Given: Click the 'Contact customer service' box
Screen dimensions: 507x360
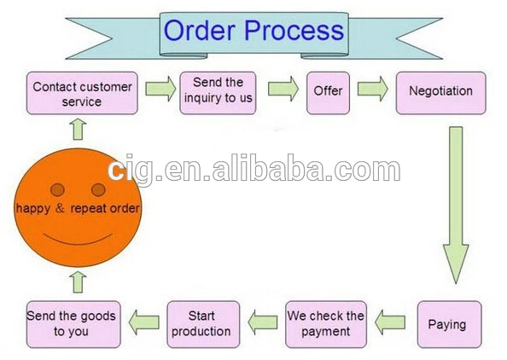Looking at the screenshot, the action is click(x=82, y=93).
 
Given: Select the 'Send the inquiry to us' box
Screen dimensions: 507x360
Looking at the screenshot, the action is click(x=218, y=93).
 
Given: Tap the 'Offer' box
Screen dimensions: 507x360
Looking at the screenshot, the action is click(x=329, y=93).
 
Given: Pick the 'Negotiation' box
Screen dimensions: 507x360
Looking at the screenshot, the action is click(x=441, y=93).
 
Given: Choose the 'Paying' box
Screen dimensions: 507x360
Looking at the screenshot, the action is click(x=450, y=324).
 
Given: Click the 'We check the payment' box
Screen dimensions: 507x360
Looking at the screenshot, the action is click(x=326, y=324).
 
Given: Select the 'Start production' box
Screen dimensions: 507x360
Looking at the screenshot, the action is click(x=203, y=324).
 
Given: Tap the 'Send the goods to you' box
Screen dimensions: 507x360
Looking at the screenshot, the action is click(x=73, y=324).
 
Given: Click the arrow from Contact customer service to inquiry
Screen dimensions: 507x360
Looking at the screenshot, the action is click(x=160, y=89).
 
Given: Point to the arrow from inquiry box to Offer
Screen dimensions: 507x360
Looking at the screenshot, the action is click(x=283, y=89).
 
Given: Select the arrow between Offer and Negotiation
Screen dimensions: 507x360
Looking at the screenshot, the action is click(x=372, y=89).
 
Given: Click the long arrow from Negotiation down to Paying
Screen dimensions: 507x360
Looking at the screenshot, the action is click(x=456, y=206).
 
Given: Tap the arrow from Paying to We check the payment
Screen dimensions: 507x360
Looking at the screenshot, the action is click(x=390, y=322).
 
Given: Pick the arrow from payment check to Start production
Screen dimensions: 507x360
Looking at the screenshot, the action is click(x=263, y=322).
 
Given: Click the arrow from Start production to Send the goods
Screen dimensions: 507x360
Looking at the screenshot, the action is click(x=144, y=322).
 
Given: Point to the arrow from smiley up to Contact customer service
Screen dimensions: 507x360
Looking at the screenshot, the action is click(x=78, y=130).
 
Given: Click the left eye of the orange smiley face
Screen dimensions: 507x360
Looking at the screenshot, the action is click(x=57, y=189).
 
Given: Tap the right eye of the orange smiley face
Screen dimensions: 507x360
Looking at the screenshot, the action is click(x=98, y=189).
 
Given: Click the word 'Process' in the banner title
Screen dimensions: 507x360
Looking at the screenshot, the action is click(x=294, y=31).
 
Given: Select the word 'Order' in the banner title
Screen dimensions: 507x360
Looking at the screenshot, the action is click(x=200, y=30).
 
